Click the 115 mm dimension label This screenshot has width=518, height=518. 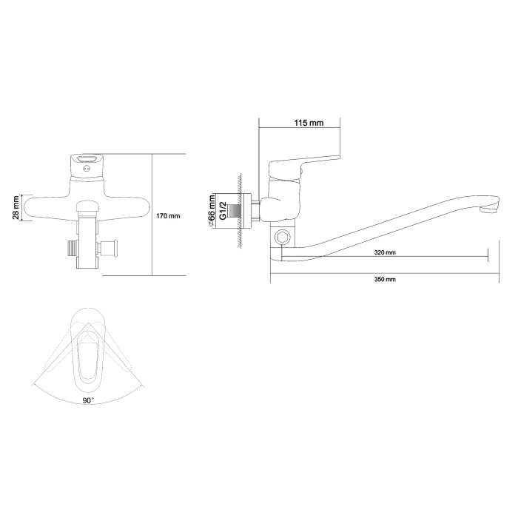[309, 123]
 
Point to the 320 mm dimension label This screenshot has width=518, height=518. [385, 253]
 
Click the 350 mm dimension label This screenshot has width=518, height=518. [385, 279]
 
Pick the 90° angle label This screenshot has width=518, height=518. [88, 400]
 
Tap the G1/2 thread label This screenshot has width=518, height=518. [223, 211]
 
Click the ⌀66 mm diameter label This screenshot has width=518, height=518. [212, 211]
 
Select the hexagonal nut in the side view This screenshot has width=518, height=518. [283, 238]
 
